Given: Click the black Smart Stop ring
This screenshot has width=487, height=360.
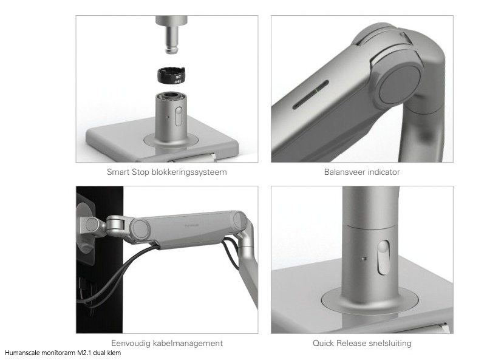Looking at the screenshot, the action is click(x=171, y=75).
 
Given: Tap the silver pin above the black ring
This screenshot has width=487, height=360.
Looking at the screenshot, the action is click(x=171, y=35).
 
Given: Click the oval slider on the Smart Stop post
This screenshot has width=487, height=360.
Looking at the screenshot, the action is click(x=179, y=116).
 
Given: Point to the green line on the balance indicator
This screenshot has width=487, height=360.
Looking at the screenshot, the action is click(x=316, y=90).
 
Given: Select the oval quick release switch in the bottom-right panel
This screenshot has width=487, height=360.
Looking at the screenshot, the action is click(x=383, y=257).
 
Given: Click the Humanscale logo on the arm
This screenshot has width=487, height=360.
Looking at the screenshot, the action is click(x=193, y=226).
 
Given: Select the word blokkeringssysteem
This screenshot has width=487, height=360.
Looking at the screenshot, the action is click(x=189, y=172).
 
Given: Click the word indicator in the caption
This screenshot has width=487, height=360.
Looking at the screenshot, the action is click(x=386, y=172).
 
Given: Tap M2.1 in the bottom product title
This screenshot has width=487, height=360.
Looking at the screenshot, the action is click(x=83, y=353).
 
